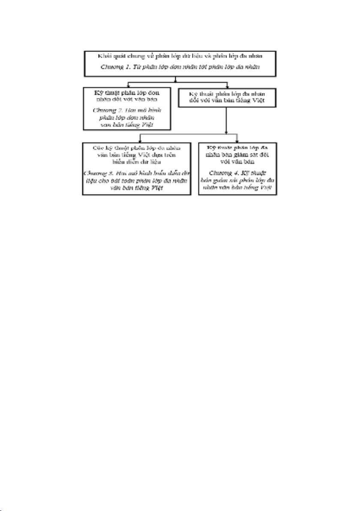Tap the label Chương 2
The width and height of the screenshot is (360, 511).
pyautogui.click(x=104, y=110)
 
